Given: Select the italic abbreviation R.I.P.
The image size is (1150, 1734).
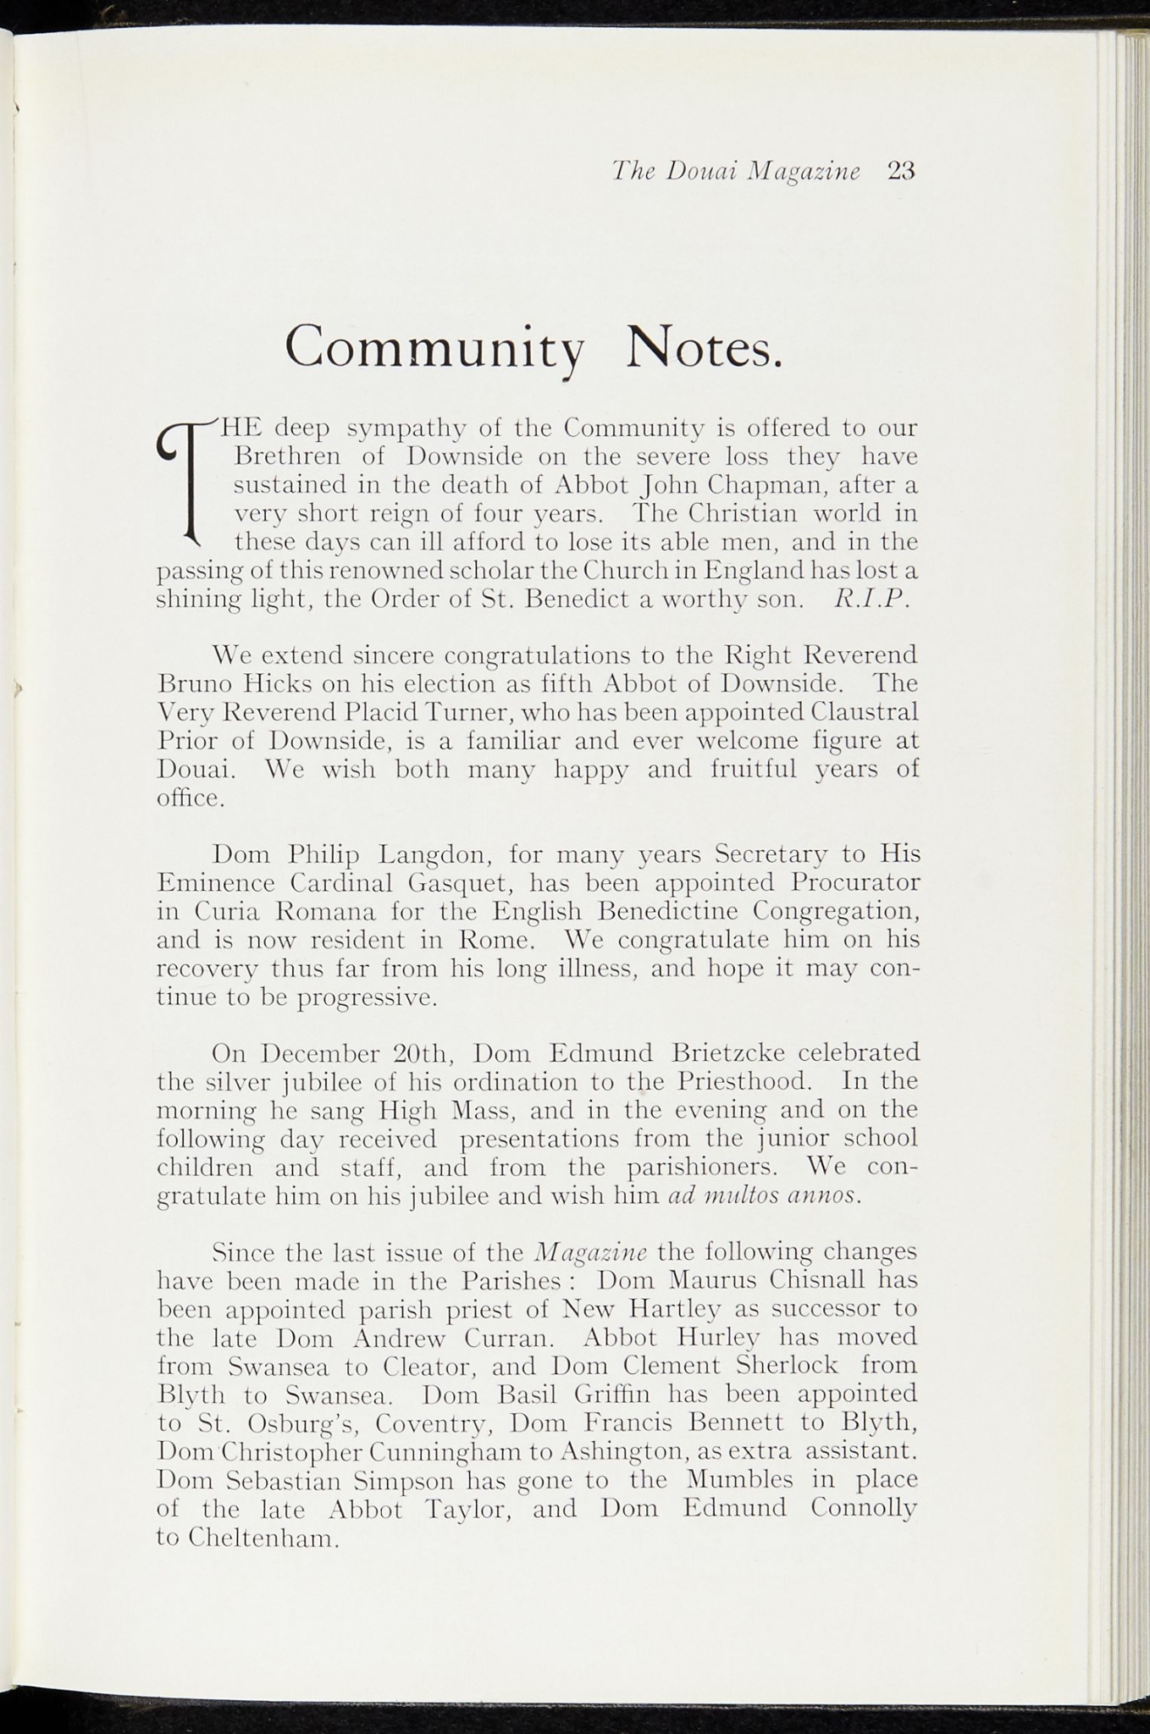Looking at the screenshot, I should point(871,599).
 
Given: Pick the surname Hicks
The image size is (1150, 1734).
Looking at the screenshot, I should point(276,683).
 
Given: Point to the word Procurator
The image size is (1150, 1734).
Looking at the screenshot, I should point(855,882).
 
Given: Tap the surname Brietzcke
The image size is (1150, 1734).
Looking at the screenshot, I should point(727,1053).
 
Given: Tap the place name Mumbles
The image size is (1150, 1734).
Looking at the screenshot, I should point(739,1480).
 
